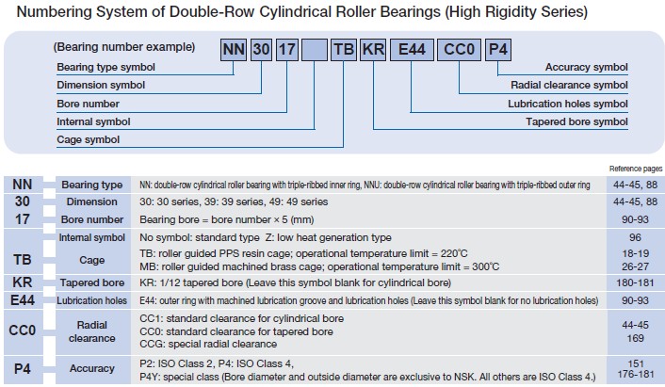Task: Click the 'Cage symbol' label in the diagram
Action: [x=89, y=139]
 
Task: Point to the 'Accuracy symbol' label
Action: [x=586, y=67]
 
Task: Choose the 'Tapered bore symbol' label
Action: [x=576, y=121]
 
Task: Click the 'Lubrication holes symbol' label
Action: [x=567, y=104]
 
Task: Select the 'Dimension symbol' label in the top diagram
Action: [x=101, y=86]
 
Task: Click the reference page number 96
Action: [x=634, y=237]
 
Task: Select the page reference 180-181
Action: [x=634, y=282]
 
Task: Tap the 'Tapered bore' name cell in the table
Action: [x=91, y=282]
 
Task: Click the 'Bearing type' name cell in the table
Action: [x=91, y=185]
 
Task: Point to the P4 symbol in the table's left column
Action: [x=23, y=367]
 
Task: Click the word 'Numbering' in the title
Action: [x=45, y=13]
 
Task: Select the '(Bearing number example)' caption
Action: [x=124, y=47]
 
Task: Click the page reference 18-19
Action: [x=634, y=253]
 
